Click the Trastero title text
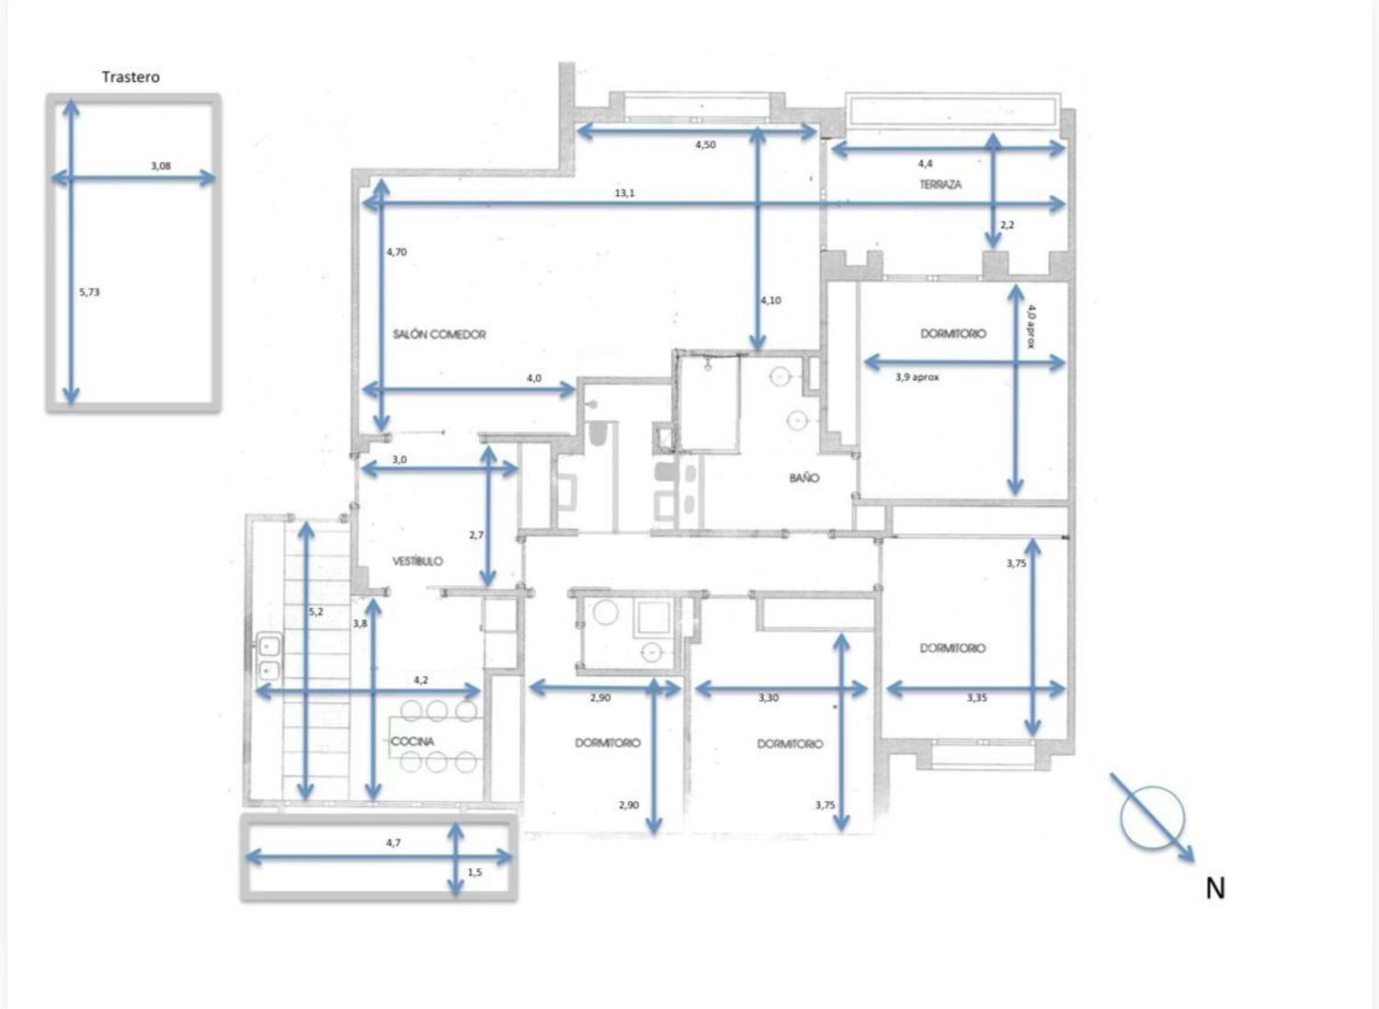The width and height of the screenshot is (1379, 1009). click(131, 77)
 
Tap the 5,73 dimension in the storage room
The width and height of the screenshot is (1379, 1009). click(89, 292)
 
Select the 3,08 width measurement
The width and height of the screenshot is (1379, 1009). click(161, 166)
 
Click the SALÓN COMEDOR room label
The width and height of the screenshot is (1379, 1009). click(439, 335)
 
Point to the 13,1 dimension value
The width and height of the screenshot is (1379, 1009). click(624, 193)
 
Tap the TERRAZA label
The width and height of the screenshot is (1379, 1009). click(940, 184)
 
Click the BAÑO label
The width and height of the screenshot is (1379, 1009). click(804, 477)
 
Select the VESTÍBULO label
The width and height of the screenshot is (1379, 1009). click(417, 561)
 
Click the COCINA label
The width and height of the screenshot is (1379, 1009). click(413, 741)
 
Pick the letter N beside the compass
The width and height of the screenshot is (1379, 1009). click(1214, 889)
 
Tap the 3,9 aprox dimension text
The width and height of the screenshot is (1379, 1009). click(917, 377)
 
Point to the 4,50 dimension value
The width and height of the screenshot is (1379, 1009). click(705, 144)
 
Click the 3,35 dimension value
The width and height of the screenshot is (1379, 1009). click(976, 698)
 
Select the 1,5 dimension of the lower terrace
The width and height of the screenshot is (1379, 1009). click(474, 872)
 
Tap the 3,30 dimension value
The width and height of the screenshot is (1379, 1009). click(769, 698)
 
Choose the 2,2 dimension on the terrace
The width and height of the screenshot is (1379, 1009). click(1008, 224)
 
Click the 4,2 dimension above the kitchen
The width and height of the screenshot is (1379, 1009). click(420, 680)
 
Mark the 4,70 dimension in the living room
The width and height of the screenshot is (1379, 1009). click(396, 251)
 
